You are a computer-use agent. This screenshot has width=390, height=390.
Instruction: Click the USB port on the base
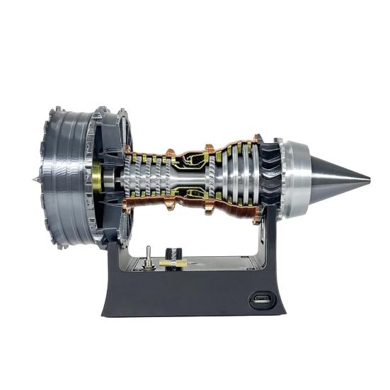click(260, 300)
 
